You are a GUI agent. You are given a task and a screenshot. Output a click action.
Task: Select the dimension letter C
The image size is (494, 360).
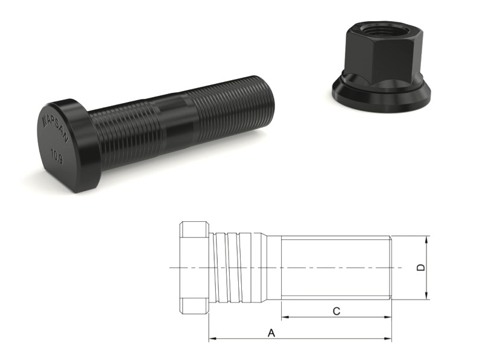pyautogui.click(x=337, y=311)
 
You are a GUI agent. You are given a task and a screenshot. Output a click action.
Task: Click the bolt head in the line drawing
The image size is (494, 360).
pyautogui.click(x=194, y=267)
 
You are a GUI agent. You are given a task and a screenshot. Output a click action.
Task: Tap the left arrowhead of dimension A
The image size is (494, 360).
pyautogui.click(x=212, y=339)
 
